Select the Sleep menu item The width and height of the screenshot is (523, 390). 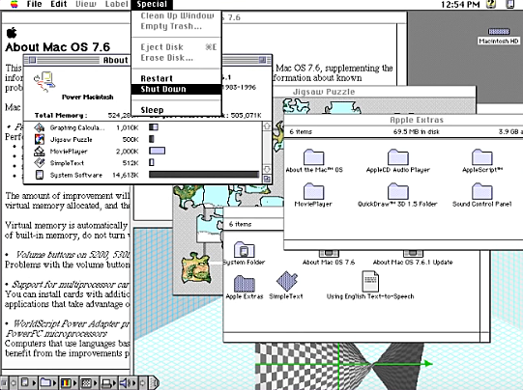(153, 111)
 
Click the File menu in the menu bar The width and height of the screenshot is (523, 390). (34, 5)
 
